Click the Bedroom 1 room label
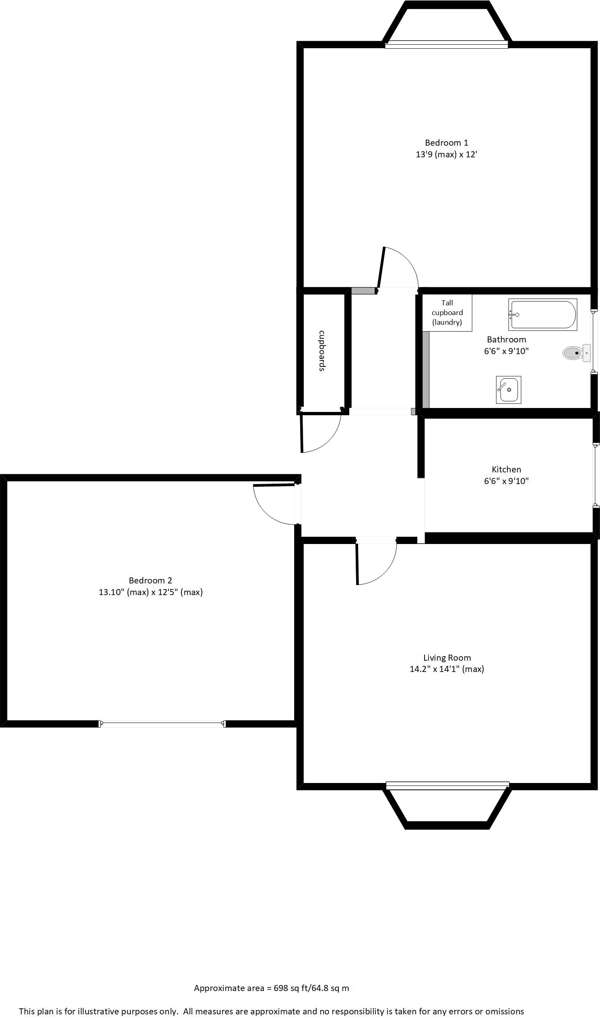446,143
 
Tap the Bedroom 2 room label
151,580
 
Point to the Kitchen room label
506,469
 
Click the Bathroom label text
506,340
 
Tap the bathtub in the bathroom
543,314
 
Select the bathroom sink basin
508,390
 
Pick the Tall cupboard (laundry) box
447,313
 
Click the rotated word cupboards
322,351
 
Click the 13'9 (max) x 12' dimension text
446,155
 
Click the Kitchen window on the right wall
596,475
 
